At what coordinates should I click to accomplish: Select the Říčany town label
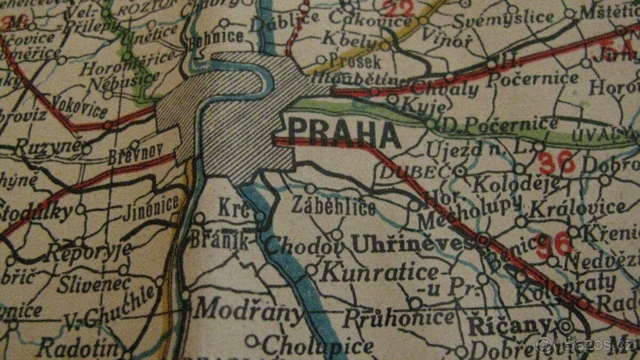[507, 326]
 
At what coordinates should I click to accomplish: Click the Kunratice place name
[380, 274]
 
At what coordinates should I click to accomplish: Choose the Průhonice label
[398, 318]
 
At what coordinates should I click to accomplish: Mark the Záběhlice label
[333, 206]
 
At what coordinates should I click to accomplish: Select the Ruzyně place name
[46, 146]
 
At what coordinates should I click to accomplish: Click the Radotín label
[78, 349]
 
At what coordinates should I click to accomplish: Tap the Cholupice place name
[317, 347]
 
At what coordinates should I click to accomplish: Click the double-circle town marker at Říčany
[566, 326]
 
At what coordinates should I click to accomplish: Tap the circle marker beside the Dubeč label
[459, 171]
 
